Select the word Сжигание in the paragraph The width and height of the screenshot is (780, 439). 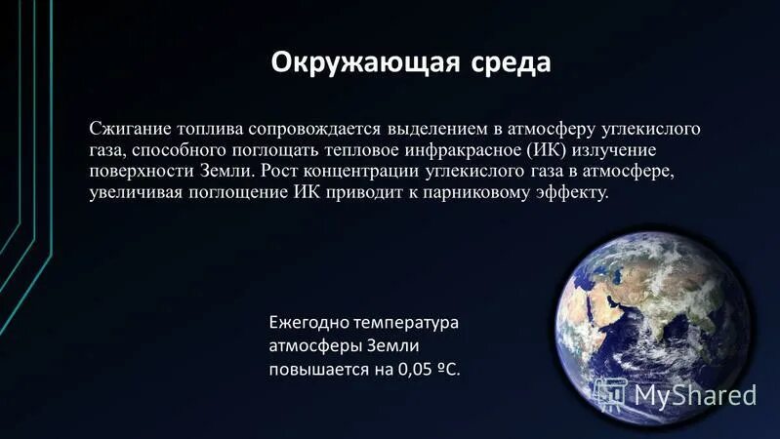129,130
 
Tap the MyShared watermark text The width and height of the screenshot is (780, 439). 695,395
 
